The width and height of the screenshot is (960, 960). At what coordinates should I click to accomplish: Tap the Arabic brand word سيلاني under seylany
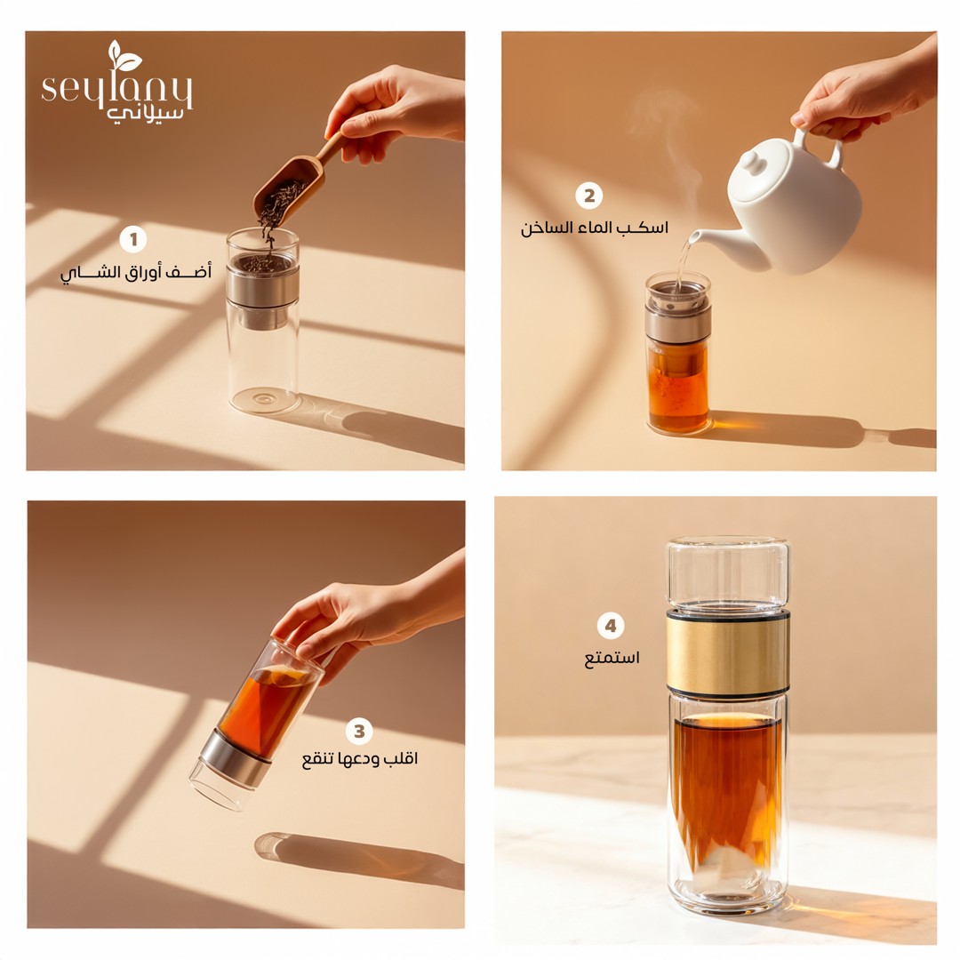(x=145, y=115)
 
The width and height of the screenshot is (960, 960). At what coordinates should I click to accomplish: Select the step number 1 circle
(x=132, y=239)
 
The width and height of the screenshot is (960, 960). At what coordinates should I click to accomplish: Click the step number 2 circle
(x=589, y=196)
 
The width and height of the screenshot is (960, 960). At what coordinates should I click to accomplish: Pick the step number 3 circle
(x=359, y=731)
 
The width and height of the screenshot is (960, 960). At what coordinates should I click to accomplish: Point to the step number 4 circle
(x=611, y=626)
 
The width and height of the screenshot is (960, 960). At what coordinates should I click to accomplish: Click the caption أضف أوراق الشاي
(x=135, y=271)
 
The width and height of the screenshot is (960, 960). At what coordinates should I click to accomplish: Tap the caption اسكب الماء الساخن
(x=595, y=228)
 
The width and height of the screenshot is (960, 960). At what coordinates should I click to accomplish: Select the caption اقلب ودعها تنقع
(x=359, y=759)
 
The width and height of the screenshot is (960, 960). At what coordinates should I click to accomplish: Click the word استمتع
(x=612, y=658)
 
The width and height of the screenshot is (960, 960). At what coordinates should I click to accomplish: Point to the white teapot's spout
(x=716, y=237)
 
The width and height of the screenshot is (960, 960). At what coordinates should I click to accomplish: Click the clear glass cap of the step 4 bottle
(x=728, y=572)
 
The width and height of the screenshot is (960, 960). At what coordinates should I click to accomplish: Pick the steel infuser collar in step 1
(x=262, y=285)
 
